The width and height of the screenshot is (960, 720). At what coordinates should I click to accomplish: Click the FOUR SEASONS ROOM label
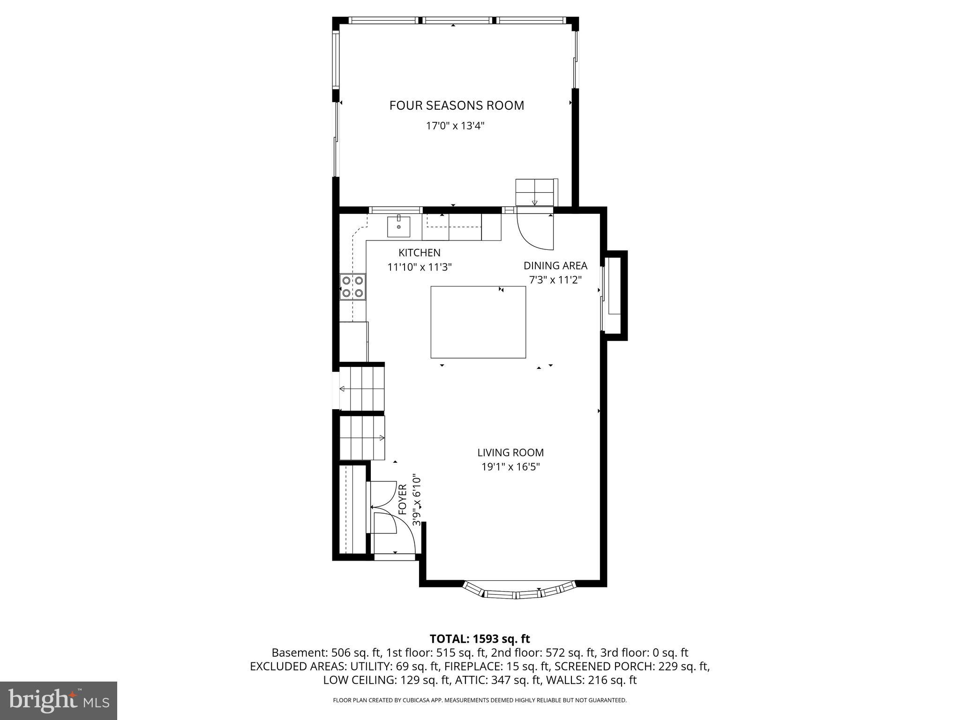coord(457,105)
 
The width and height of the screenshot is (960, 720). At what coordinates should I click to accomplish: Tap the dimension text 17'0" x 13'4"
coord(455,126)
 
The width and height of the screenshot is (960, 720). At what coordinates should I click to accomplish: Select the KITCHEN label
coord(419,253)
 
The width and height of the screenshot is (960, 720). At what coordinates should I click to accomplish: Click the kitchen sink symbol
coord(398,226)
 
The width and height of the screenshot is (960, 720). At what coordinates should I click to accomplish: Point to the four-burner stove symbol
coord(352,286)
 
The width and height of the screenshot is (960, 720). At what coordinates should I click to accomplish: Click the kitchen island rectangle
coord(478,322)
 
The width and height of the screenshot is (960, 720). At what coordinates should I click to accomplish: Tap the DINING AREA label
coord(555,266)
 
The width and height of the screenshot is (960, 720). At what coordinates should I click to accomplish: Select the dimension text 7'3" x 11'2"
coord(555,280)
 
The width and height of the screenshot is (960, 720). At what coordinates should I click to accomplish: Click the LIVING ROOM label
coord(510,453)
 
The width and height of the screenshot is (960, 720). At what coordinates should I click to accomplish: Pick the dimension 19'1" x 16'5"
coord(510,467)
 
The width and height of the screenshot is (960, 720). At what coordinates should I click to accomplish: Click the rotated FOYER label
coord(403,500)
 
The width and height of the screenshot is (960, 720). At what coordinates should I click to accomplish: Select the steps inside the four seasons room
coord(534,192)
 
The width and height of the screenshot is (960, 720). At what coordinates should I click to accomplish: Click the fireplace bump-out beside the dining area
coord(615,295)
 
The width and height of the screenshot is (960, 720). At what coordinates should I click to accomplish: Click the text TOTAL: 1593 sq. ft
coord(480,639)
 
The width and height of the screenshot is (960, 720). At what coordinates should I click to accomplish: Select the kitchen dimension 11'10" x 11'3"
coord(419,268)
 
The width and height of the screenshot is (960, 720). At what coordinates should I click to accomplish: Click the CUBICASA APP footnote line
coord(480,700)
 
